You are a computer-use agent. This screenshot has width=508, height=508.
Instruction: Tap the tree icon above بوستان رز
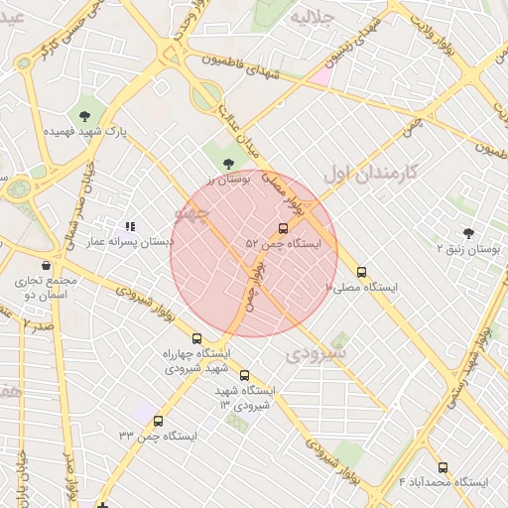coord(229,162)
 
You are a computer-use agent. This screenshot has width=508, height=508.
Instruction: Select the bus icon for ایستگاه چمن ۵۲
coord(284,228)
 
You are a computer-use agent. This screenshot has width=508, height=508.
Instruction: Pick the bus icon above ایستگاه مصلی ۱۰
coord(361,271)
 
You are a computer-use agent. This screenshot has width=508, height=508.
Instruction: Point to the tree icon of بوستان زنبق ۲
coord(468,234)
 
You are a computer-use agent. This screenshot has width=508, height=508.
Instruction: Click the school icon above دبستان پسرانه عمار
coord(130,226)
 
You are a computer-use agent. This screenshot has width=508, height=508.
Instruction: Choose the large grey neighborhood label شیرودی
coord(317,352)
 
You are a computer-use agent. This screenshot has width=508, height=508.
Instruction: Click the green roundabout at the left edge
coord(17,189)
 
